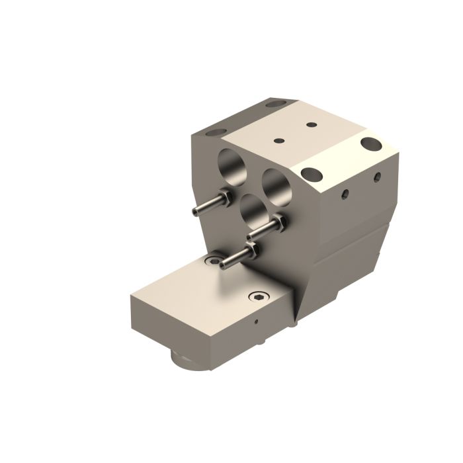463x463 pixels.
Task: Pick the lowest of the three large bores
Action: [x=253, y=211]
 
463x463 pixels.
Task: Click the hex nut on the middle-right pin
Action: [x=278, y=223]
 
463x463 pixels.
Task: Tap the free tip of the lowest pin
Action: [x=225, y=266]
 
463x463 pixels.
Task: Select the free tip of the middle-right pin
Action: [x=252, y=237]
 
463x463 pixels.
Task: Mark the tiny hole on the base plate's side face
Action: [x=256, y=323]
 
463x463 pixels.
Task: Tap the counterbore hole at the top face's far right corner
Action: [x=371, y=142]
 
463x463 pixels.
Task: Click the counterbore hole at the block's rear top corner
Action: [x=274, y=105]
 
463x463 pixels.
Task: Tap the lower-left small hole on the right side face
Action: [x=344, y=194]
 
